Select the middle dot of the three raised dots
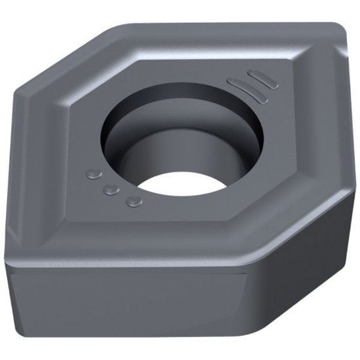pyautogui.click(x=112, y=189)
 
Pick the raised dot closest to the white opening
pyautogui.click(x=134, y=201)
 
